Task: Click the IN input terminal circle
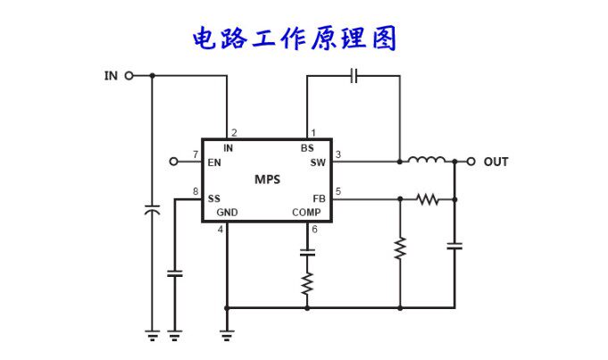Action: coord(129,76)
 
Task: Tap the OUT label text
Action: coord(496,162)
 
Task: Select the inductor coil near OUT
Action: coord(427,161)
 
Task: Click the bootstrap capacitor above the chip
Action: coord(354,76)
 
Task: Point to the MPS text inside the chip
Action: coord(267,179)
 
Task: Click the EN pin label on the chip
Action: coord(214,163)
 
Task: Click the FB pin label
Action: coord(319,198)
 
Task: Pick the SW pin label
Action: coord(318,163)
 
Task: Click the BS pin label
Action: coord(307,148)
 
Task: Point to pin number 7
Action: coord(195,155)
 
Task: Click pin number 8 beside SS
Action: coord(195,191)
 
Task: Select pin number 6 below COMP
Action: coord(313,230)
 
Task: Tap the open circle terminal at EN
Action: coord(175,162)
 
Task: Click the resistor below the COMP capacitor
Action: coord(308,283)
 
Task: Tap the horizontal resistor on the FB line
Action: coord(428,198)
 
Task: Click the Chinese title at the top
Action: coord(294,38)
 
